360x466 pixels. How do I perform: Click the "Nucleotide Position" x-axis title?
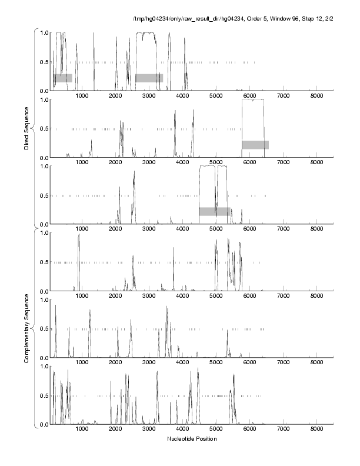click(x=192, y=439)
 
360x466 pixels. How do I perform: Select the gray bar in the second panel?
click(x=255, y=145)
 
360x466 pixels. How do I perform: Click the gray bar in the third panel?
click(x=214, y=211)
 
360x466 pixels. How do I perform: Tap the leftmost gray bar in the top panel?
click(x=63, y=78)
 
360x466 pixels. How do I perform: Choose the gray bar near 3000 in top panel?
click(x=149, y=78)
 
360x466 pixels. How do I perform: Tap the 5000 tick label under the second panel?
click(x=216, y=162)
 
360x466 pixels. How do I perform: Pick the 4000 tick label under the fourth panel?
click(x=182, y=296)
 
